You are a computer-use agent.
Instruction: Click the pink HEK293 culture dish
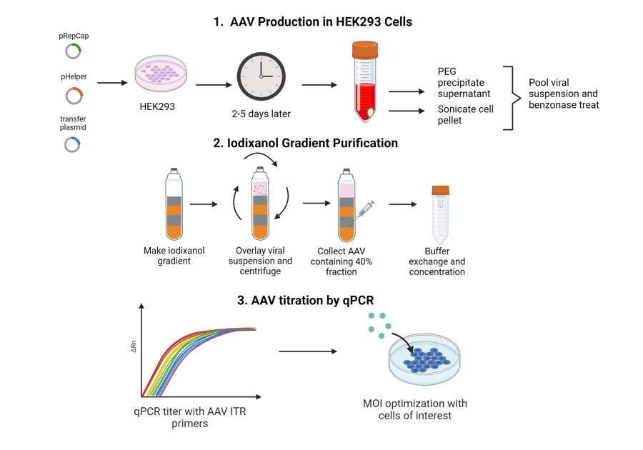[161, 74]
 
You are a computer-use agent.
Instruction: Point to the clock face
[261, 76]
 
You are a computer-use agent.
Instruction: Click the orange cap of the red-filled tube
[365, 50]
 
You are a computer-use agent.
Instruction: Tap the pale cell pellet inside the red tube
[371, 112]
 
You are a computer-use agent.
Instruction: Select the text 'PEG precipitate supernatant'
[464, 82]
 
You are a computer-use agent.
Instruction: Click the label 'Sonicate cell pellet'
[465, 115]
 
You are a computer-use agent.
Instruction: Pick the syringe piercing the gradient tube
[364, 210]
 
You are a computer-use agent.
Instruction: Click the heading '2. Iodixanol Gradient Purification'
[306, 143]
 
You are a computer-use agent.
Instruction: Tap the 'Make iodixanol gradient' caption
[174, 256]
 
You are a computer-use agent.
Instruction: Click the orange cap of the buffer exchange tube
[440, 190]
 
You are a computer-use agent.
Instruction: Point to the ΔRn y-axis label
[134, 346]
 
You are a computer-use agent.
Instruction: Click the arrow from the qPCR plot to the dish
[308, 351]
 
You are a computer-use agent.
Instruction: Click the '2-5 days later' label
[261, 114]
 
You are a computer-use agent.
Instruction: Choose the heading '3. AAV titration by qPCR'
[306, 301]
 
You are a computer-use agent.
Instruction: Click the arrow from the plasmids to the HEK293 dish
[112, 83]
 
